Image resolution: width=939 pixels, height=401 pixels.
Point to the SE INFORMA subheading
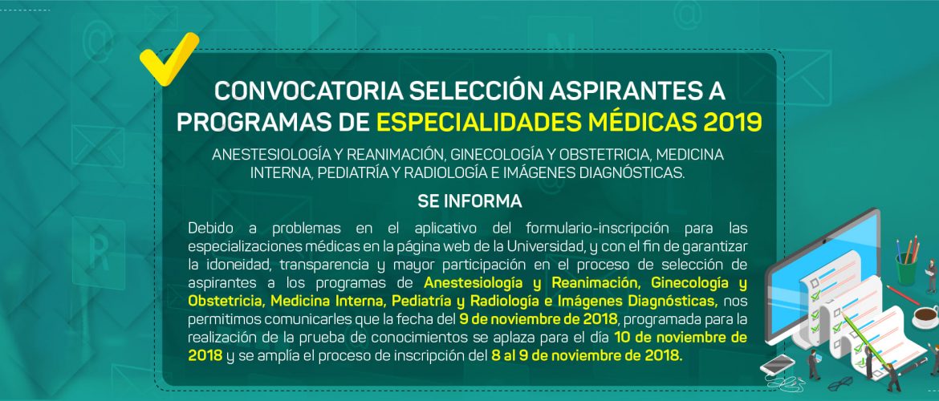(x=469, y=201)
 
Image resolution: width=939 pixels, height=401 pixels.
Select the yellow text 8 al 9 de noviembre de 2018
(x=587, y=355)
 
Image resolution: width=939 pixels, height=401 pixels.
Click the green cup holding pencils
(x=906, y=269)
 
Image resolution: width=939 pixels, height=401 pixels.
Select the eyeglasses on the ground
(x=841, y=383)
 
